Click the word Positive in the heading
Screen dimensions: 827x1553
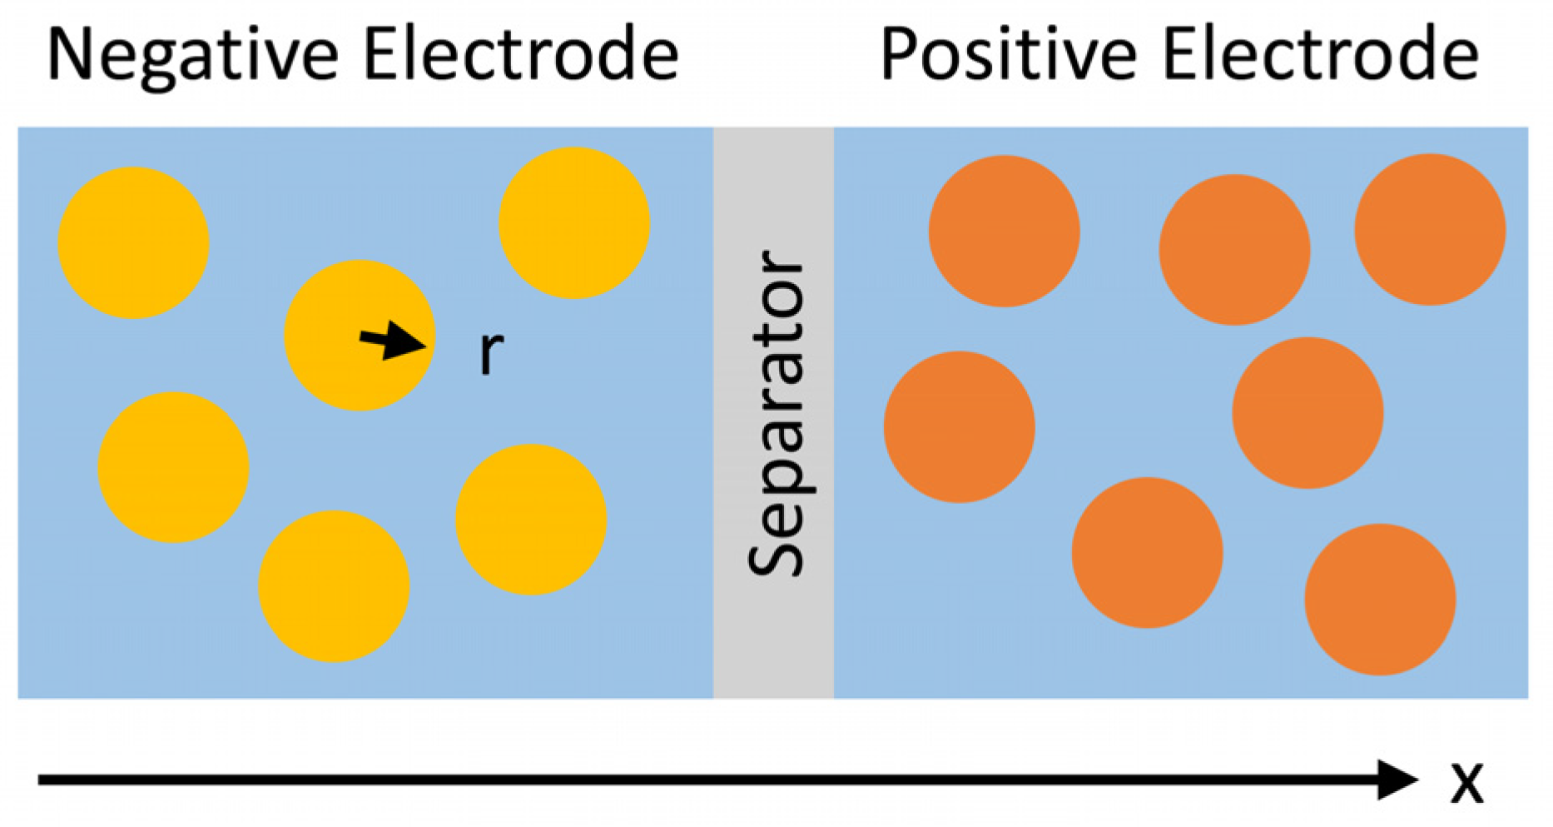coord(1008,55)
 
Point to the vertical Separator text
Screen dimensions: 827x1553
coord(776,413)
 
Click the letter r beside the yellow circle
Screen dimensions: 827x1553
coord(491,352)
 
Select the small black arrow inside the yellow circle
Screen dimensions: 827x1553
coord(392,341)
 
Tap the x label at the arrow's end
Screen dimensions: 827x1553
coord(1466,783)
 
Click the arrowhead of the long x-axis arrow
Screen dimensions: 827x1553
coord(1398,780)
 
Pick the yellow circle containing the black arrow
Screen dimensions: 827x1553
coord(359,336)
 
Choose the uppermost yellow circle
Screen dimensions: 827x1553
coord(573,223)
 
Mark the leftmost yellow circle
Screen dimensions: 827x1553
coord(133,243)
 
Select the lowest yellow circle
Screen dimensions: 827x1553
coord(334,586)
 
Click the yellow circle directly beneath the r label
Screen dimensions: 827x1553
coord(530,520)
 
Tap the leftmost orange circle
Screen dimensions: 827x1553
coord(959,427)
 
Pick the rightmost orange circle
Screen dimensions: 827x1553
coord(1430,230)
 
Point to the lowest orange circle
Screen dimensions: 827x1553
coord(1380,600)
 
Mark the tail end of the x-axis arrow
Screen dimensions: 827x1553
coord(42,780)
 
